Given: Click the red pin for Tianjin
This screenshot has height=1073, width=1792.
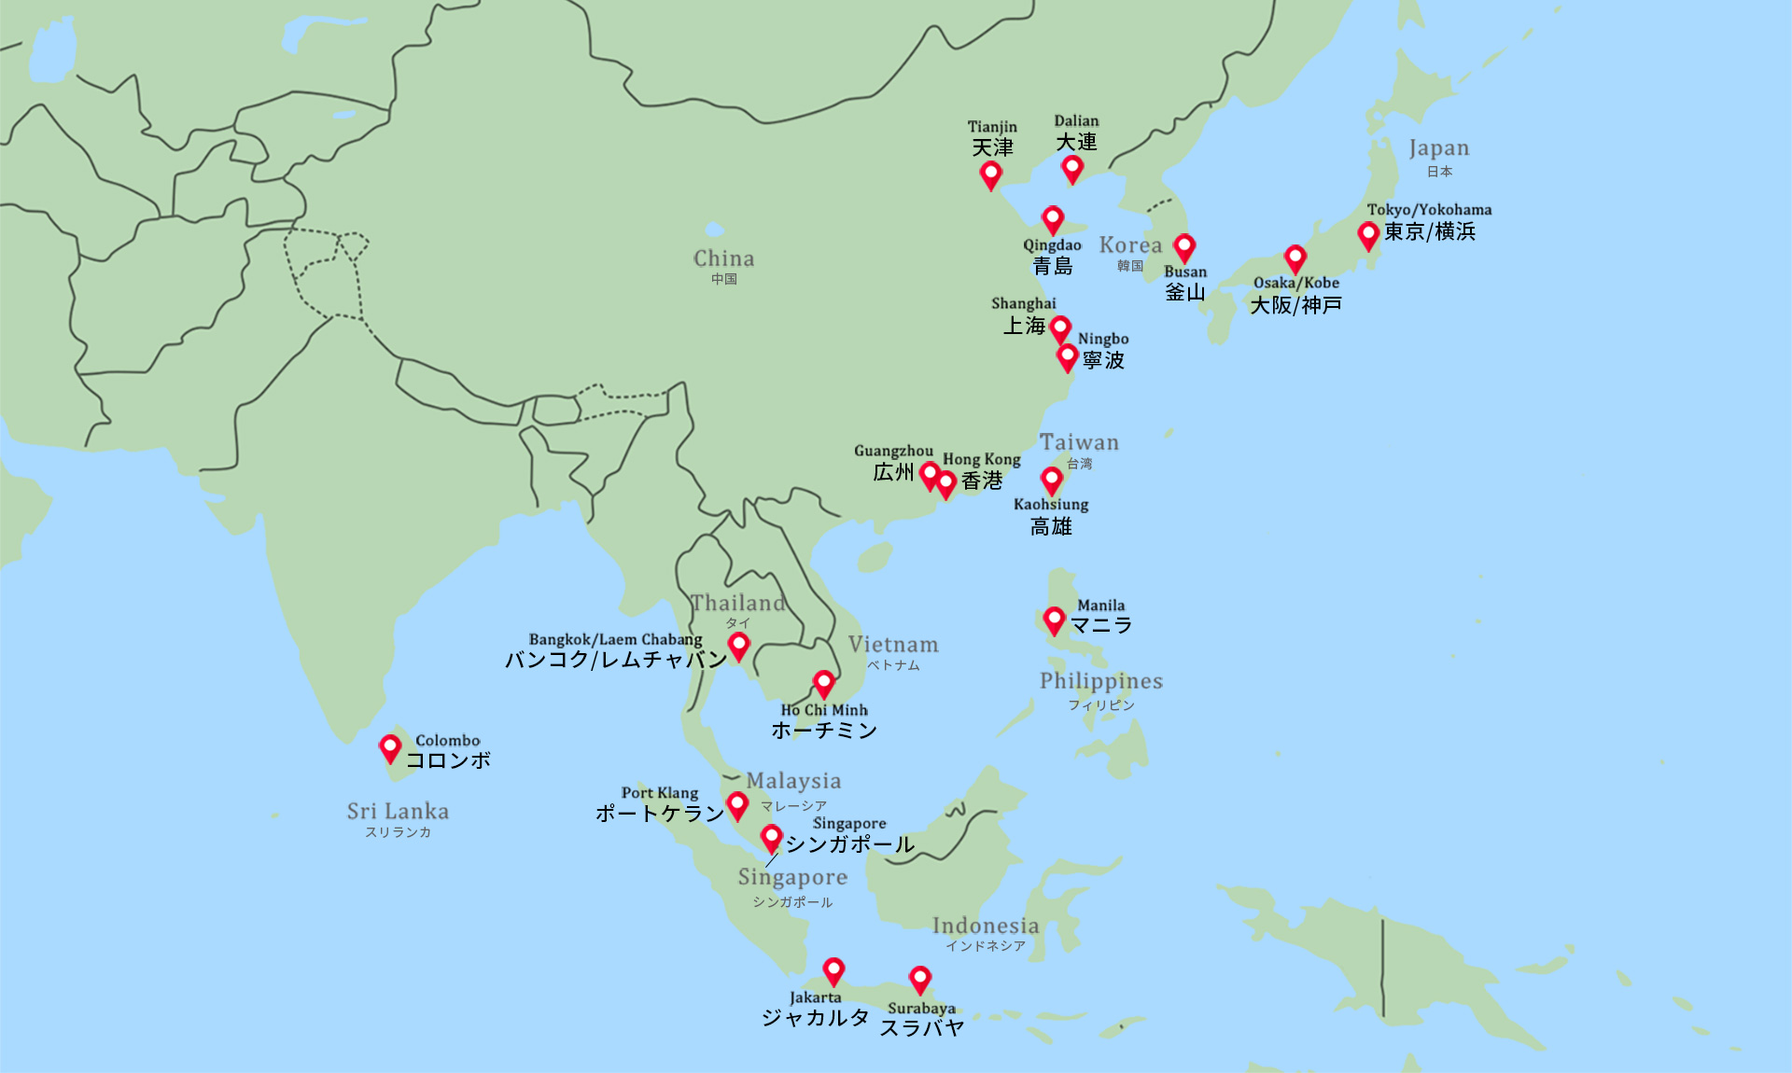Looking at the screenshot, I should pos(990,174).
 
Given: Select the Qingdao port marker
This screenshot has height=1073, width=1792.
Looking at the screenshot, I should pos(1053,220).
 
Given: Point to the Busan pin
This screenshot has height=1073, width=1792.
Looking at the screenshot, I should pos(1184,247).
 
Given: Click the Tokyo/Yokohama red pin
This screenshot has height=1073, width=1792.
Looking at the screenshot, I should pos(1368,234).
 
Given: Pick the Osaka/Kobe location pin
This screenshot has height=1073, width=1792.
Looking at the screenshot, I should pos(1295,258).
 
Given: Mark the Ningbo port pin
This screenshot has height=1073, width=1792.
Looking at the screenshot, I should pos(1068,357).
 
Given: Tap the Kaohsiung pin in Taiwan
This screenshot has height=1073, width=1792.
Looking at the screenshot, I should pos(1052,481).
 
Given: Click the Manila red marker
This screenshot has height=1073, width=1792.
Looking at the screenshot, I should pos(1054,620).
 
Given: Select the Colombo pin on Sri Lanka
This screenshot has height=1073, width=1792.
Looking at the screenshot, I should pos(390,747).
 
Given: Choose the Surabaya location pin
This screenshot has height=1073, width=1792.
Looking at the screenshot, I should pos(920,980).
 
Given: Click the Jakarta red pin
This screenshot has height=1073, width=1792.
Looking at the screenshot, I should pos(833,971).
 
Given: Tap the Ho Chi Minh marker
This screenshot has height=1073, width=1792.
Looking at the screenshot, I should pos(823,684).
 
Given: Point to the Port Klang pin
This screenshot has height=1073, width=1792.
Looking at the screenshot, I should pos(737,804).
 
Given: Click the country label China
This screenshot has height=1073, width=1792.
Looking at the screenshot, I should pos(723,258).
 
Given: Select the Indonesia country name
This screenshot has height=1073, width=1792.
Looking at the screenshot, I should pos(986,926).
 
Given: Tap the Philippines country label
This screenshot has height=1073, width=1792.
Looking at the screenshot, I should pos(1101,681).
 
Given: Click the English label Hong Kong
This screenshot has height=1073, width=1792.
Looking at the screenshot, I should pos(981,459).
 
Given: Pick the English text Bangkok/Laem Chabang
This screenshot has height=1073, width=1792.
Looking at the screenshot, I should pos(615,639).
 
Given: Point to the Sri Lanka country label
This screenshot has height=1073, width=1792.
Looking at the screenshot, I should pos(398,812).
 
